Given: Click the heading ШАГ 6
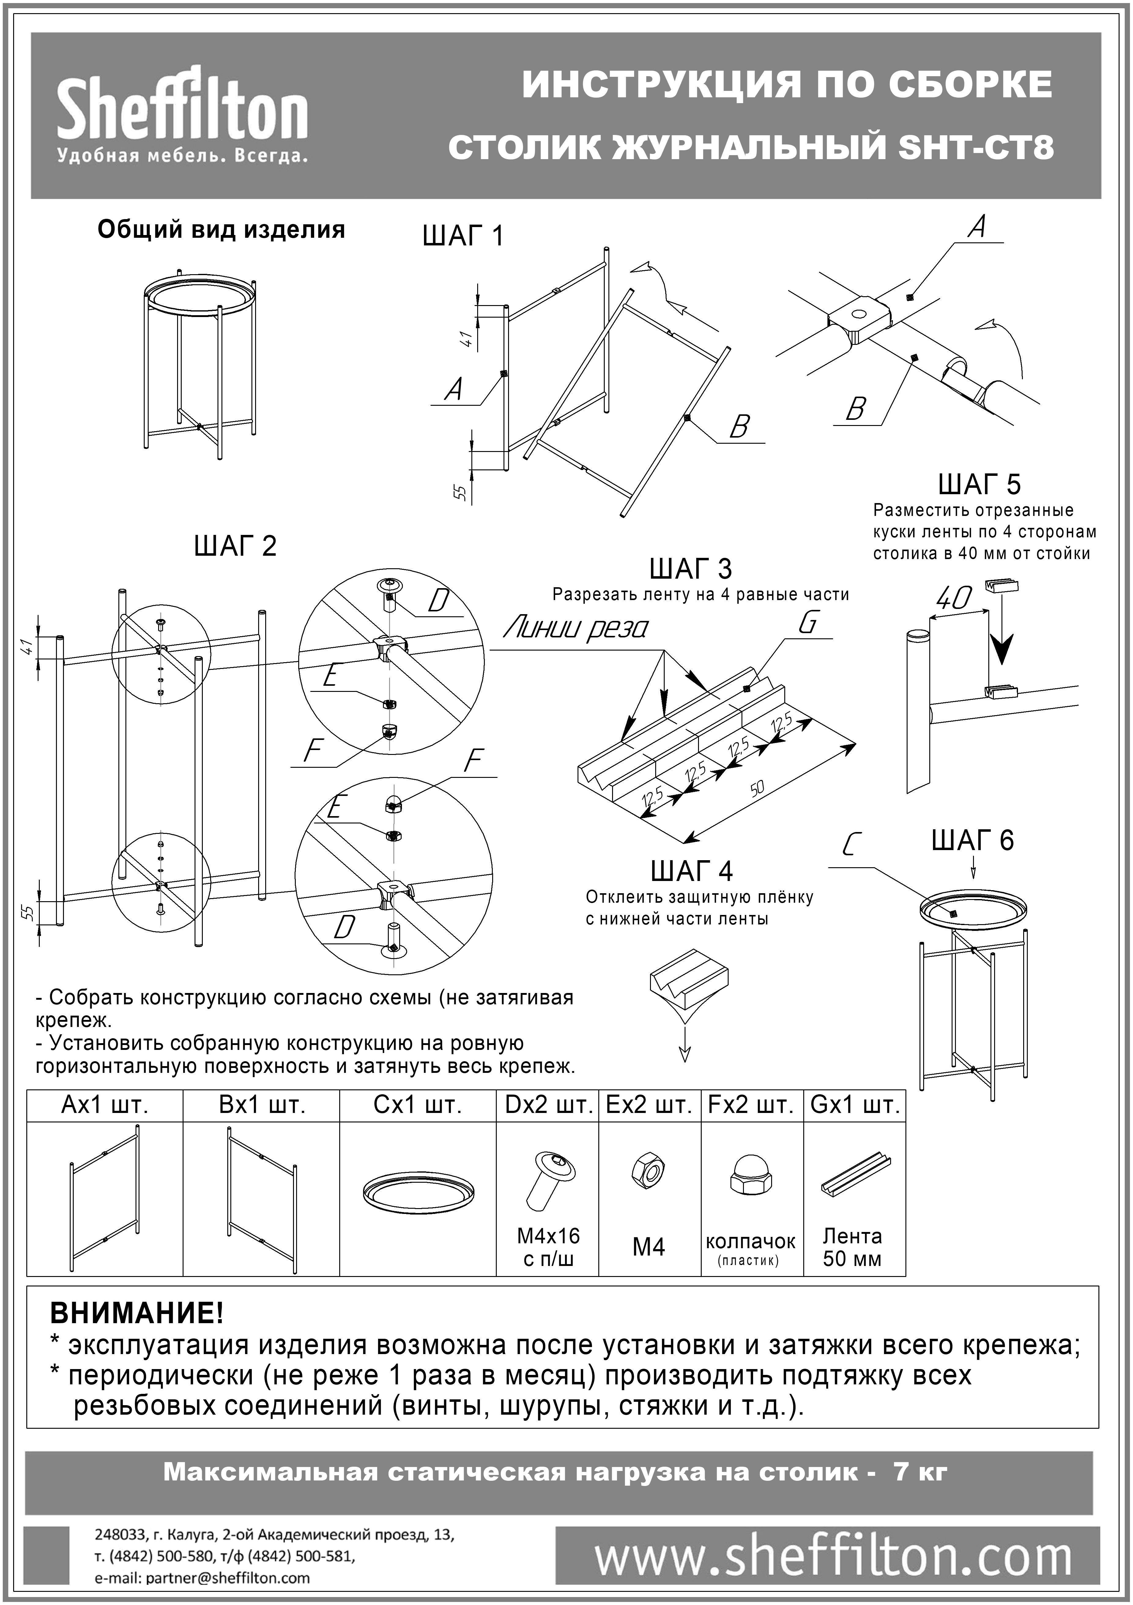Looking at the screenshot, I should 972,840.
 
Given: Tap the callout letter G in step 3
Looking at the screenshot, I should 807,623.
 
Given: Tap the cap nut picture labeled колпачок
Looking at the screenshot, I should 750,1190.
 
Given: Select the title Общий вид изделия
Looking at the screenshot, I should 221,230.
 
